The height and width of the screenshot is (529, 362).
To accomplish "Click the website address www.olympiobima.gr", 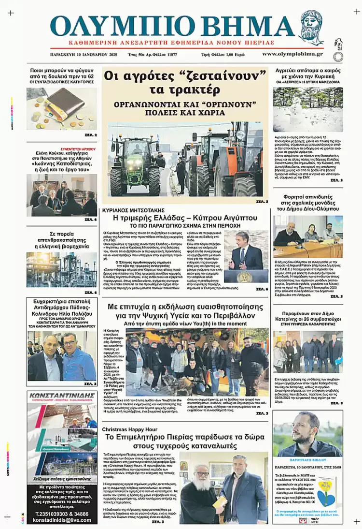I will point(299,54).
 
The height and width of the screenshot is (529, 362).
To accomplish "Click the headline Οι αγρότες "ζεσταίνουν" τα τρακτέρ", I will point(185,83).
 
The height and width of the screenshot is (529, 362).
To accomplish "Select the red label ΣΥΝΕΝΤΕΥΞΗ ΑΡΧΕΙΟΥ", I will point(78,149).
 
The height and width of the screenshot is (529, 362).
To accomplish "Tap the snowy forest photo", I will point(308,109).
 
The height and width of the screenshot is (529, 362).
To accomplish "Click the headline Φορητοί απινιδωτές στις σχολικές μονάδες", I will point(308,201).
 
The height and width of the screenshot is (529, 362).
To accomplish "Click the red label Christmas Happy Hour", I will point(128,429).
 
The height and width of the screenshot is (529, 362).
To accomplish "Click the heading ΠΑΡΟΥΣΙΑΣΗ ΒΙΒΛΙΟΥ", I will point(308,460).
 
